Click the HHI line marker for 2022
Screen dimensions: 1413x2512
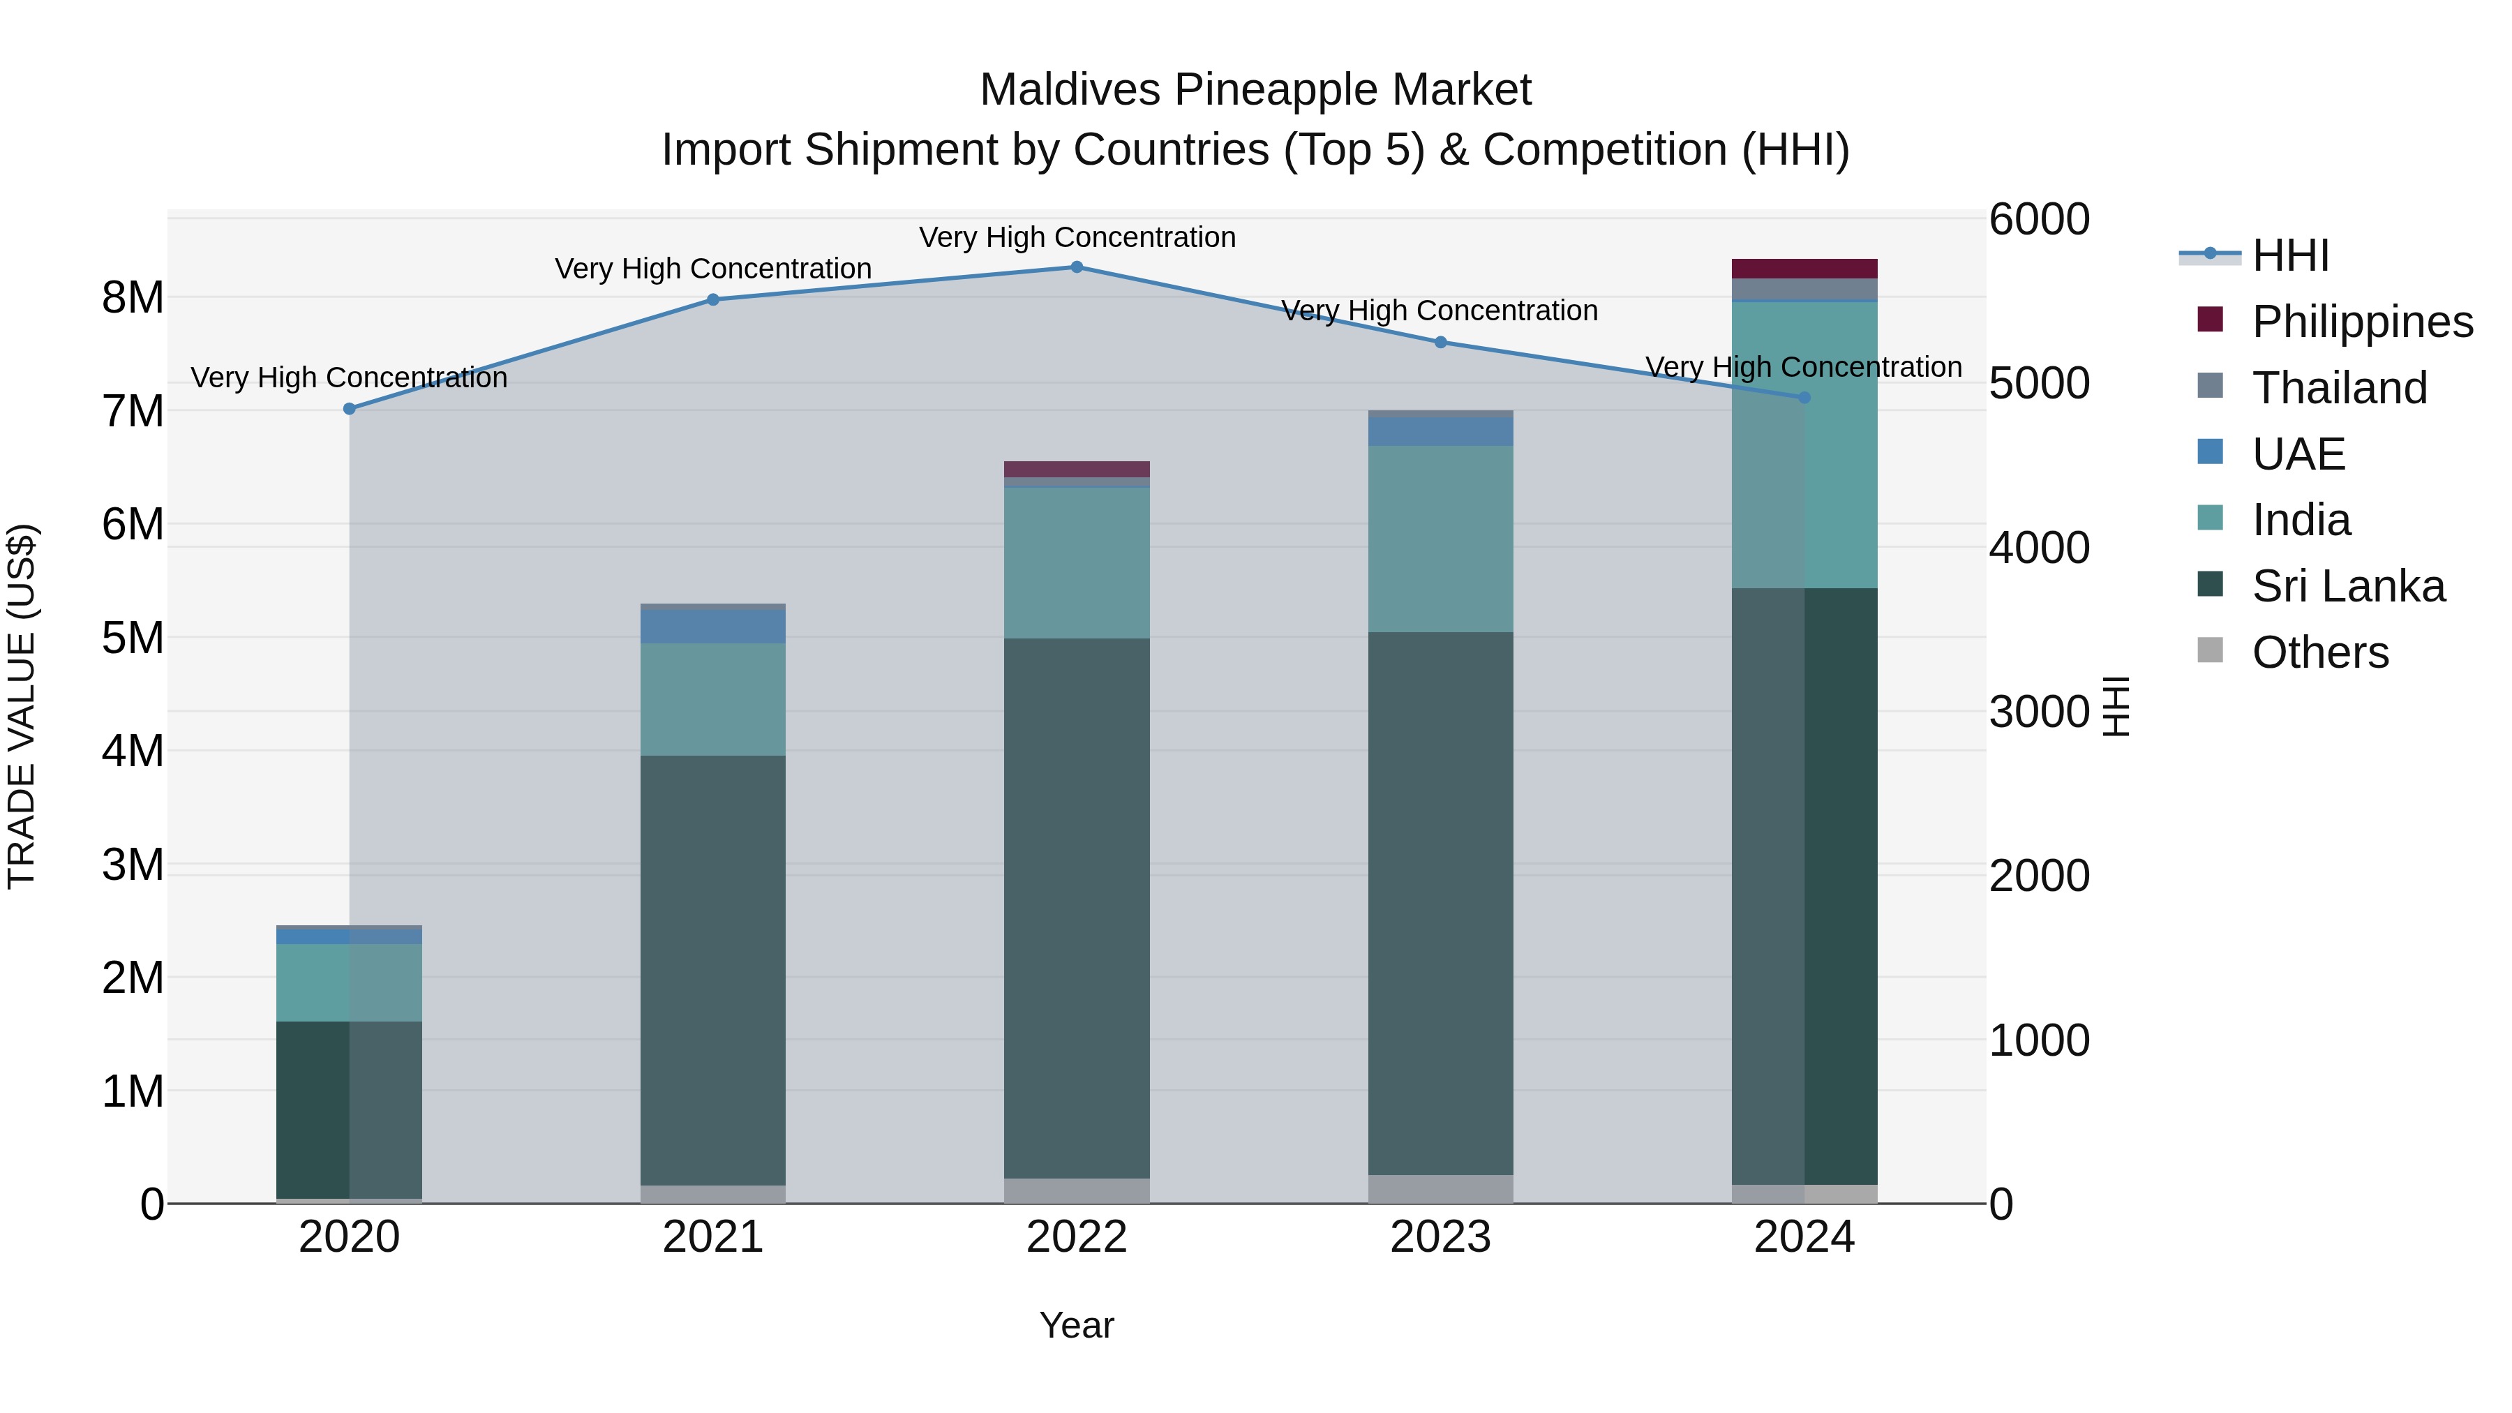(1077, 267)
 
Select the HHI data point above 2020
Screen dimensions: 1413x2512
(349, 409)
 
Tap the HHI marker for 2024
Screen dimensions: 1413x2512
(1804, 398)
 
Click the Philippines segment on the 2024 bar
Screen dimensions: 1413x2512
(1804, 269)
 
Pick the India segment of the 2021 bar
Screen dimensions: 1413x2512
(713, 699)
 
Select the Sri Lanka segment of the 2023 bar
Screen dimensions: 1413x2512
(1440, 902)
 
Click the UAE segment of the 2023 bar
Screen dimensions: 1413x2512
(1440, 432)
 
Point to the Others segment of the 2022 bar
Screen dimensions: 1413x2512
(1077, 1190)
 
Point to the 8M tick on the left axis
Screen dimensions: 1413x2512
(133, 297)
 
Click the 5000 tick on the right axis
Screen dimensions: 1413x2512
(2039, 383)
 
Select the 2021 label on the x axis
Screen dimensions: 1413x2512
(713, 1237)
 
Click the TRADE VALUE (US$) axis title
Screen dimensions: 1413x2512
(22, 706)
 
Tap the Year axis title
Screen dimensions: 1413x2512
(1077, 1325)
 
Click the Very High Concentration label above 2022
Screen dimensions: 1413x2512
(1077, 237)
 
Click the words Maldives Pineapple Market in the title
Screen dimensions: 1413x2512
(1255, 90)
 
